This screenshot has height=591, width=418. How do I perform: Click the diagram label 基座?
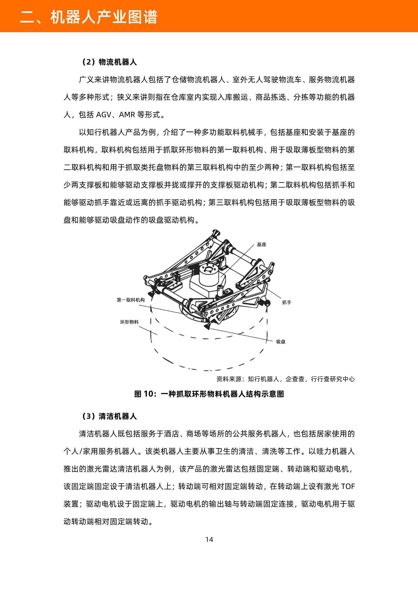261,244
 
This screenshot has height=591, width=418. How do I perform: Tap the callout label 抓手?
287,302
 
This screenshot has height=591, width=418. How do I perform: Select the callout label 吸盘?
281,342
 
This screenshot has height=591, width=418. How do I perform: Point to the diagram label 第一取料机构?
130,300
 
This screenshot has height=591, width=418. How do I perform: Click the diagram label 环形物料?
129,322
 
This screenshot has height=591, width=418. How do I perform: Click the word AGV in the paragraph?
103,115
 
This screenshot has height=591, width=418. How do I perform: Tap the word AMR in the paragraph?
127,115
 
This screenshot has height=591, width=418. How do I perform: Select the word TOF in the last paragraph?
348,487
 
